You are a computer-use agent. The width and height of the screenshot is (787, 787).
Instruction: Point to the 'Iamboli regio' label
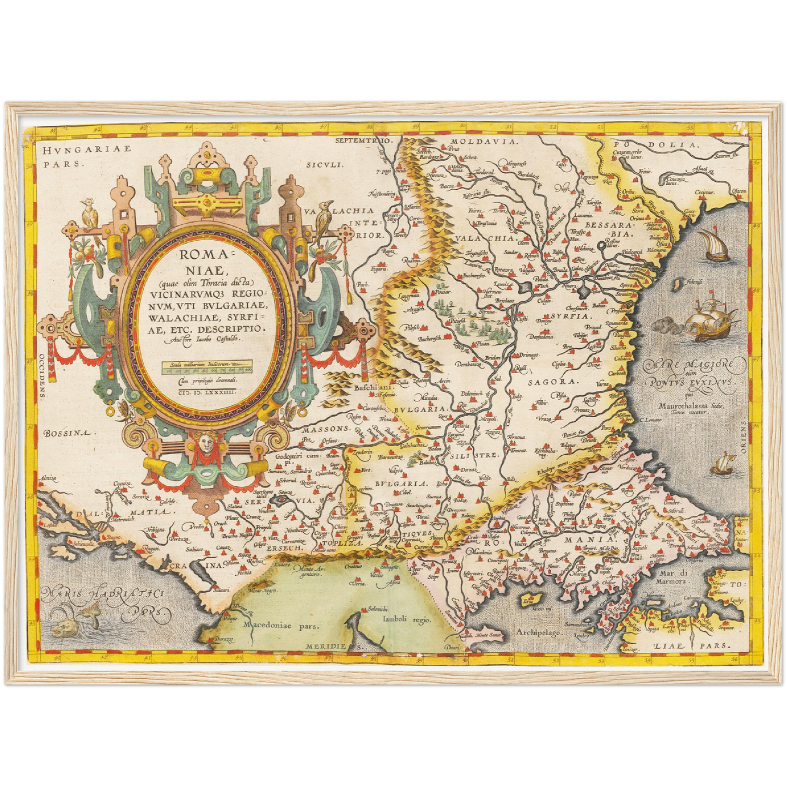click(406, 619)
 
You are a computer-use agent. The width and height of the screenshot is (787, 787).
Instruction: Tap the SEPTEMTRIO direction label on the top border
click(364, 141)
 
